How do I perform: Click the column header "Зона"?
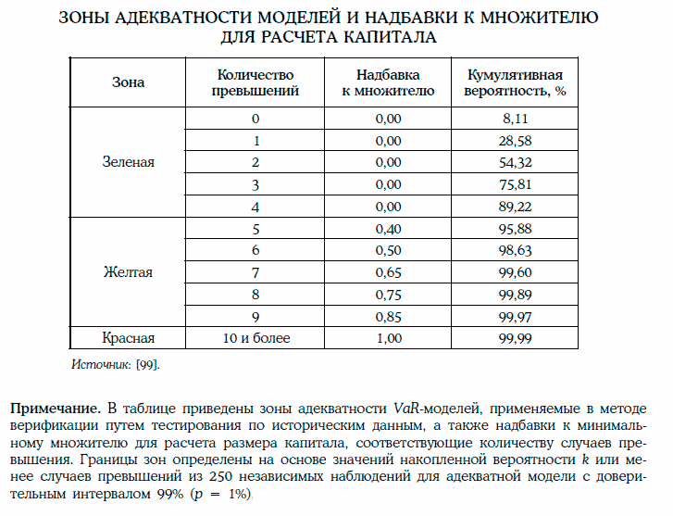128,82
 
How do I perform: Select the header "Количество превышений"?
255,82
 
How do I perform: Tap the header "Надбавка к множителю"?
388,82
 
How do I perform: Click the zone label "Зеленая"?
128,162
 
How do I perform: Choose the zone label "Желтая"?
128,272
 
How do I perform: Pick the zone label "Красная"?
128,338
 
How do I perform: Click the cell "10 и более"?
255,338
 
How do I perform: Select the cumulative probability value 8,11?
514,119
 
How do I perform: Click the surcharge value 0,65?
388,272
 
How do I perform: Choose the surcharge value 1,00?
388,338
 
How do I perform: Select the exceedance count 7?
255,272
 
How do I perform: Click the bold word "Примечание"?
53,409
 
